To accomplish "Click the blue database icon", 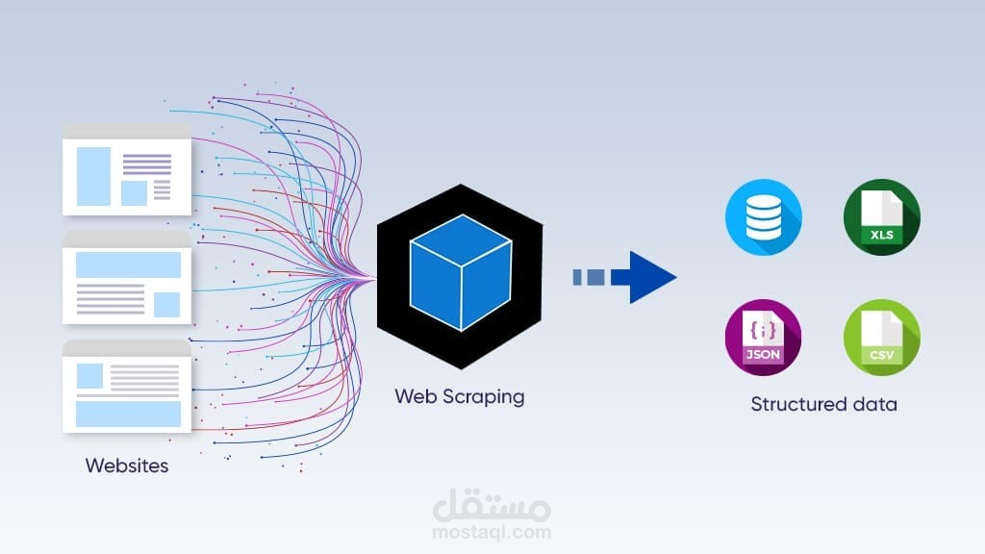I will point(764,216).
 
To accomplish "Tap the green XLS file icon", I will point(882,216).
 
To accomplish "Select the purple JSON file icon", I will point(764,338).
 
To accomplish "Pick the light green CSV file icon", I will point(882,338).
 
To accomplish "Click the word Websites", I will point(127,466).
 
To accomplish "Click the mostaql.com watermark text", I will point(492,531).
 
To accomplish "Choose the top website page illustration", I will point(127,169).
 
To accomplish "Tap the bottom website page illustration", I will point(127,386).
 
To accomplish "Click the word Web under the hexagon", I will point(414,395).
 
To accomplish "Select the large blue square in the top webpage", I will point(93,175).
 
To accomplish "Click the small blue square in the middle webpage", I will point(166,304).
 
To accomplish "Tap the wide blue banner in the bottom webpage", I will point(128,414).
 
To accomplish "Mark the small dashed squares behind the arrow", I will point(589,277).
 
